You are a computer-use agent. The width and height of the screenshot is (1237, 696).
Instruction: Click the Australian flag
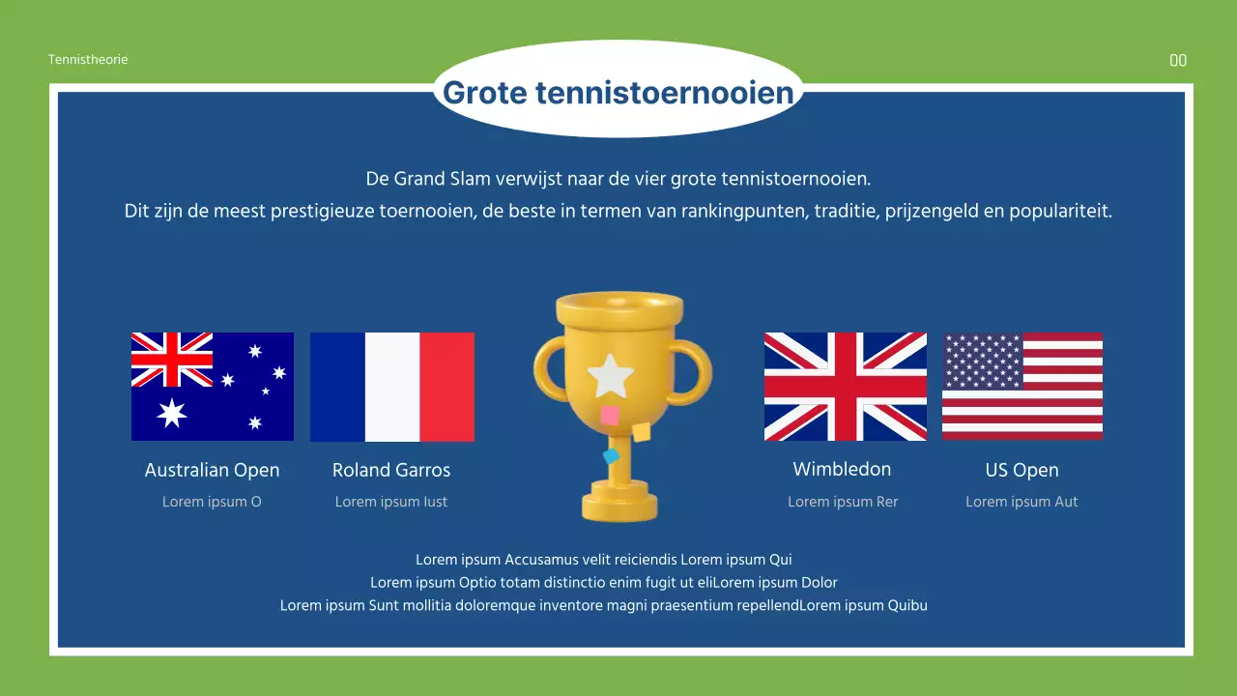[213, 387]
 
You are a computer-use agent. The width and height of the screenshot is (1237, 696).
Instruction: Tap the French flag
[391, 387]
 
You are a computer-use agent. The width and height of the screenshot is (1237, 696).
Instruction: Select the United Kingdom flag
[845, 387]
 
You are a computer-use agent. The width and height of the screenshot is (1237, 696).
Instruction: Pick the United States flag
[1022, 387]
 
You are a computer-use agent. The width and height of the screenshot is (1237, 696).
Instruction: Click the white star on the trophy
[610, 376]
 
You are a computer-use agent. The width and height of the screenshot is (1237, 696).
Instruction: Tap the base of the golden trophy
[618, 506]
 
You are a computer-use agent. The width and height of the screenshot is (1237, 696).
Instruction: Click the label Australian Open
[212, 470]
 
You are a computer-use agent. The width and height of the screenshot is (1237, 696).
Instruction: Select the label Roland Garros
[391, 470]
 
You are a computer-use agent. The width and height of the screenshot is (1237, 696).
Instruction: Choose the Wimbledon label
[842, 469]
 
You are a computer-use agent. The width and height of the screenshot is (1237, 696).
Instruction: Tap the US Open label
[1021, 470]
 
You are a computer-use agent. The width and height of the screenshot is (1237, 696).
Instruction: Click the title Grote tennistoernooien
[618, 93]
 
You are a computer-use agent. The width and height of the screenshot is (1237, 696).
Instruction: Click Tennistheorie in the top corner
[88, 60]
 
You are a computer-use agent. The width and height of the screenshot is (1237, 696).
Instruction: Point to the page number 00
[1178, 61]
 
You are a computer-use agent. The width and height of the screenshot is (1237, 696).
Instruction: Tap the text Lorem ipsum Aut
[1021, 502]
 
